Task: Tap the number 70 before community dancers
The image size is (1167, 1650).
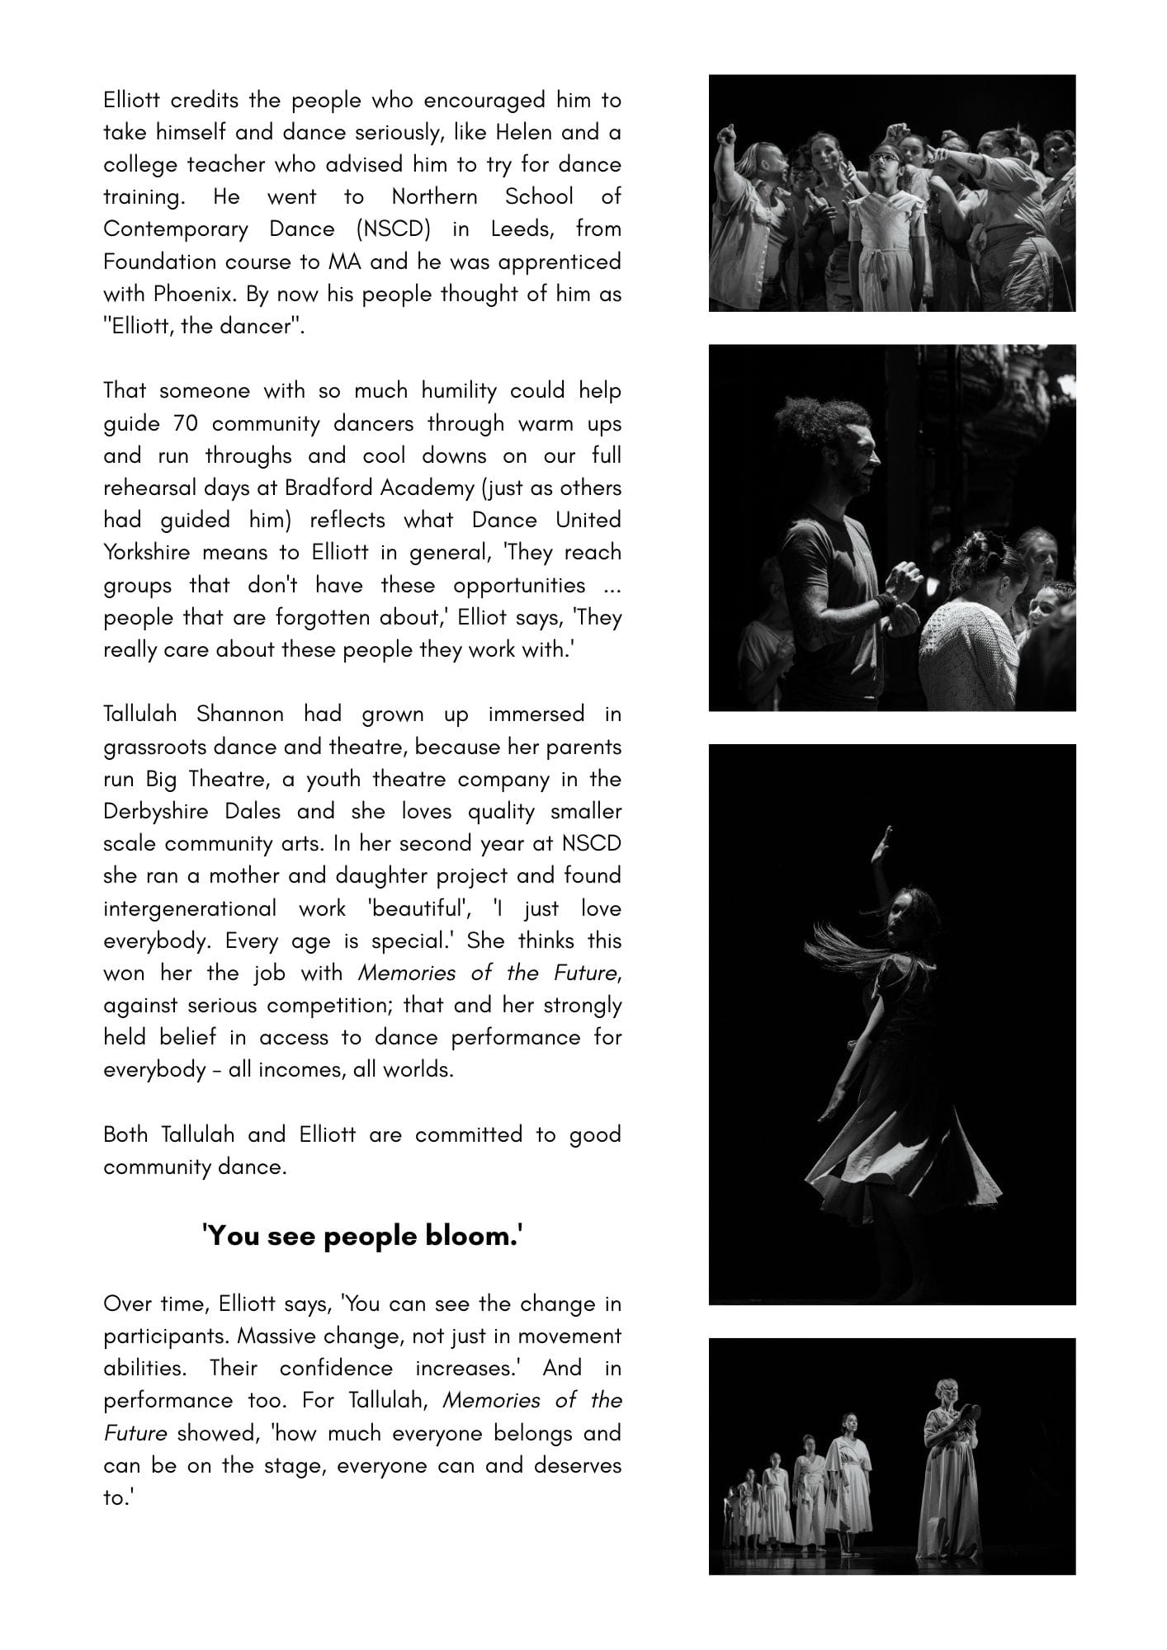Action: pyautogui.click(x=186, y=423)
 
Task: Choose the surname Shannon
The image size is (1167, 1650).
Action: pyautogui.click(x=240, y=714)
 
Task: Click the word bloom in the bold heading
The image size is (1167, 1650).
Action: pyautogui.click(x=475, y=1236)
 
